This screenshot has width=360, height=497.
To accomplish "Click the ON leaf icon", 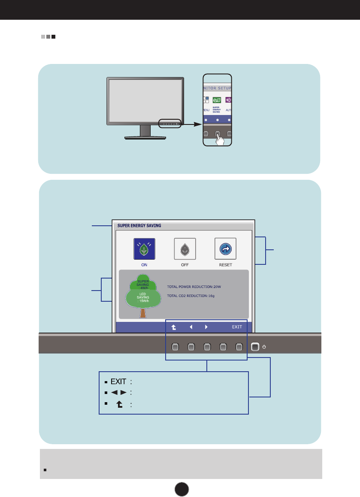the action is point(144,249).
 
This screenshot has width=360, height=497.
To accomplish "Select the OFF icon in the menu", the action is point(185,249).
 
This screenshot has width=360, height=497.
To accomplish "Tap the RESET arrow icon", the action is point(225,249).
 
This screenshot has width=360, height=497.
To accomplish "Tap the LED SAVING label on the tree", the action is point(142,297).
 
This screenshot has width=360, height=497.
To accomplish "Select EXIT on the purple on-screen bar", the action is point(237,327).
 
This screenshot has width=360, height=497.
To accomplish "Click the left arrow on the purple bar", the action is point(191,327).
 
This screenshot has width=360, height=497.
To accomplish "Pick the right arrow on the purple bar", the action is point(206,327).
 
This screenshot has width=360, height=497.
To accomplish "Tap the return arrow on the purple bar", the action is point(173,327).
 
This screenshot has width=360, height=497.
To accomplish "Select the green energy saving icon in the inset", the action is point(217,100).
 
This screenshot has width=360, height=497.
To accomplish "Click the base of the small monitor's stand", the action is point(145,137).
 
